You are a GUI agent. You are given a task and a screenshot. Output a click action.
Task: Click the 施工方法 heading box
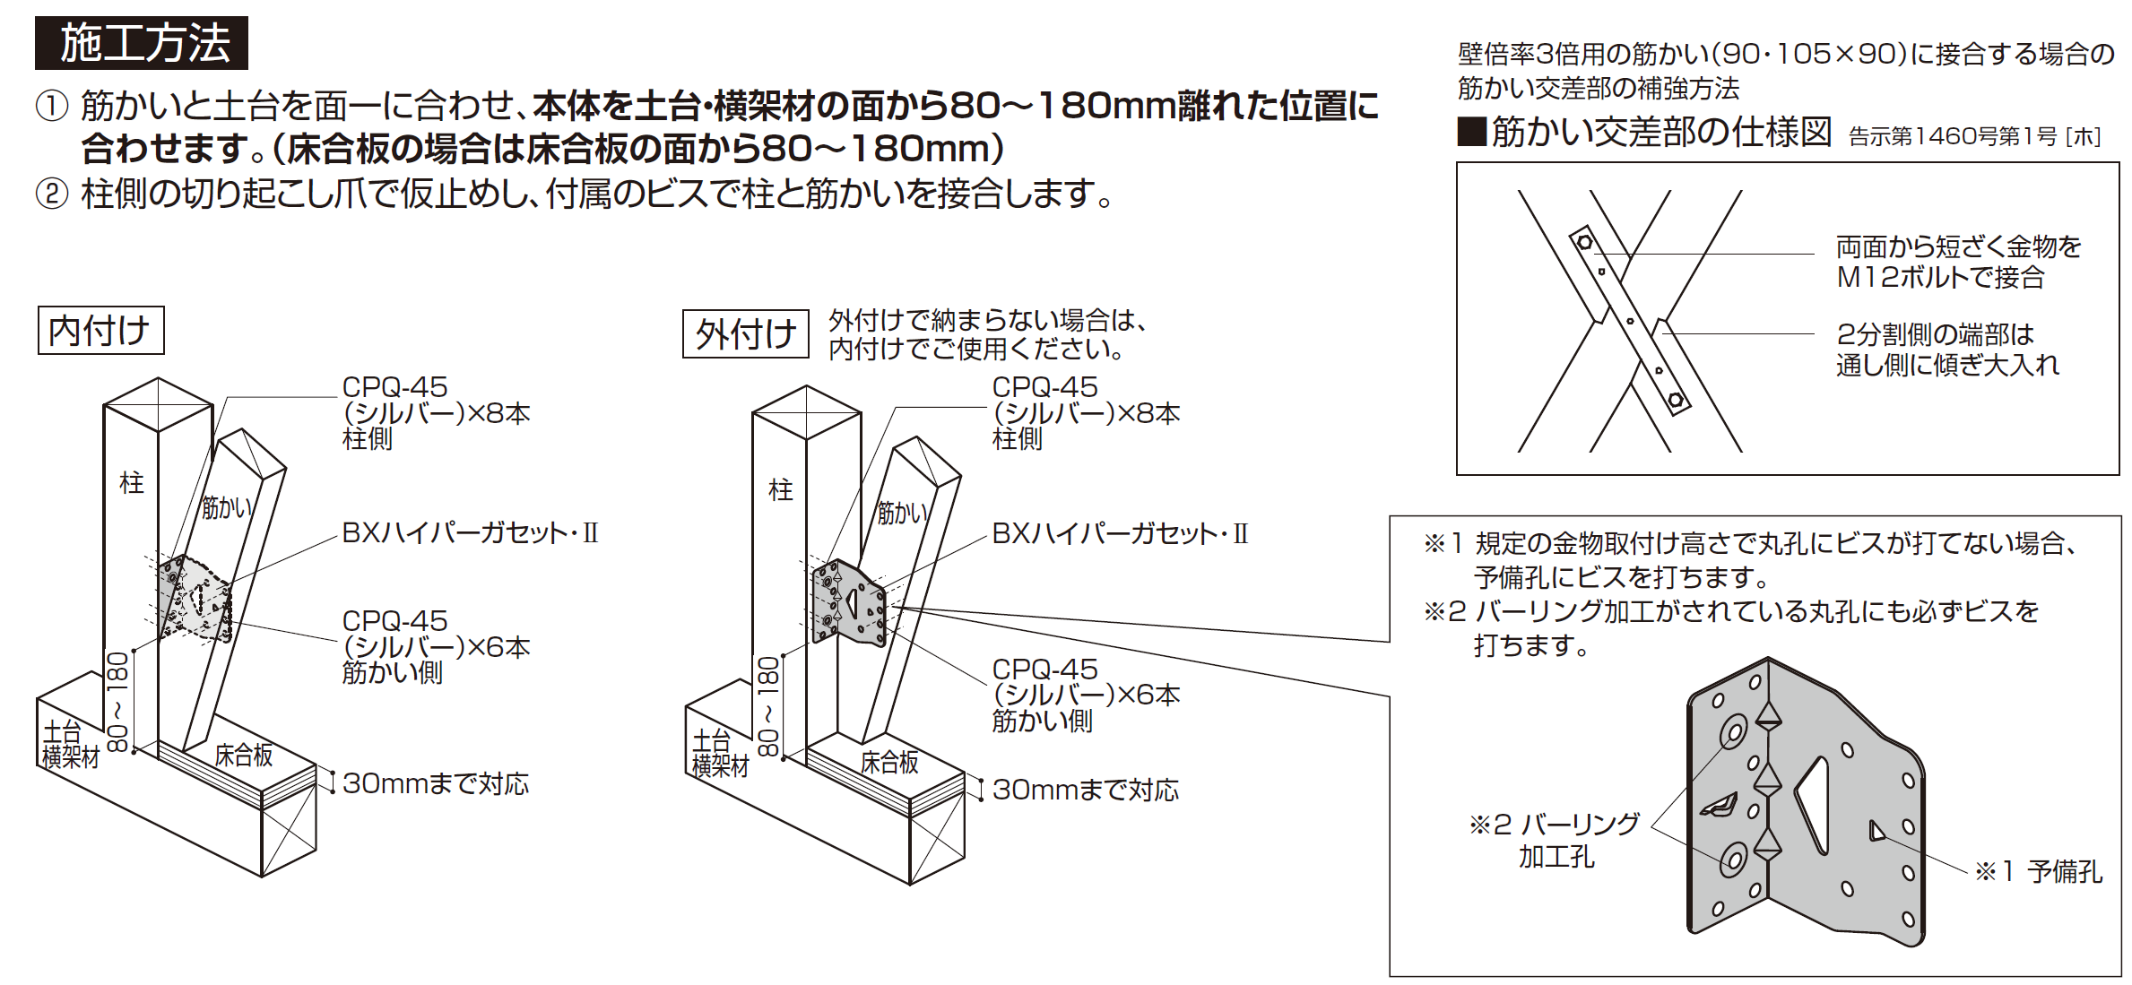pyautogui.click(x=141, y=43)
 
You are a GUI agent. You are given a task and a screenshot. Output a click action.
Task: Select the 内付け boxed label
pyautogui.click(x=100, y=330)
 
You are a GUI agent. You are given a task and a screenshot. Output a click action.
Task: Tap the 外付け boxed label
pyautogui.click(x=746, y=333)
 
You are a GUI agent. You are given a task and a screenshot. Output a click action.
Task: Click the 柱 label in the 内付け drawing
pyautogui.click(x=132, y=483)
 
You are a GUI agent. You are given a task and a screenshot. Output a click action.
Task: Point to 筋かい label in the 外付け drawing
pyautogui.click(x=902, y=514)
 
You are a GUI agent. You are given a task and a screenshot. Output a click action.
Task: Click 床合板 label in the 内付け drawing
pyautogui.click(x=244, y=756)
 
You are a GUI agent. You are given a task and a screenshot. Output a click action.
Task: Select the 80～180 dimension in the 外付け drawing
pyautogui.click(x=768, y=707)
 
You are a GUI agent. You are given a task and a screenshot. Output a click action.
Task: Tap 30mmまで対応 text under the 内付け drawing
pyautogui.click(x=436, y=783)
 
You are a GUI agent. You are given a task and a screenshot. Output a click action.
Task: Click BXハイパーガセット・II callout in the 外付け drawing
pyautogui.click(x=1120, y=534)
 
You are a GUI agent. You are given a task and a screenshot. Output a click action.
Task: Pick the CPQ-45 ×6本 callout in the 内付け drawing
pyautogui.click(x=436, y=646)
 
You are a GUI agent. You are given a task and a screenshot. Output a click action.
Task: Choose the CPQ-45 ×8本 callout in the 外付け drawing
pyautogui.click(x=1086, y=412)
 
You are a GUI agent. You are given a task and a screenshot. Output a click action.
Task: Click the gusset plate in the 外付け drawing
pyautogui.click(x=849, y=602)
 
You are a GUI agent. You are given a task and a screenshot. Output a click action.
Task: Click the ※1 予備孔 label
pyautogui.click(x=2039, y=871)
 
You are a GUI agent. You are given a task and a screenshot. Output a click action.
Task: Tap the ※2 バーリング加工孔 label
pyautogui.click(x=1555, y=840)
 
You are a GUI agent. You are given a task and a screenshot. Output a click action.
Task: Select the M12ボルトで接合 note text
pyautogui.click(x=1940, y=277)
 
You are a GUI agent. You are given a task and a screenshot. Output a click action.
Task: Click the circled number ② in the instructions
pyautogui.click(x=52, y=194)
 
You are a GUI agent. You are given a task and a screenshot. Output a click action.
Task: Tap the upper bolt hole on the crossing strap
pyautogui.click(x=1584, y=242)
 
